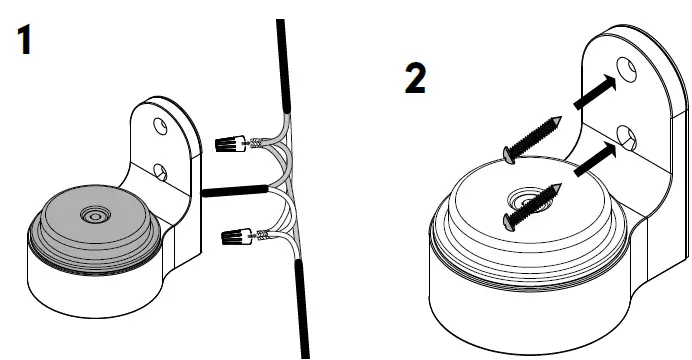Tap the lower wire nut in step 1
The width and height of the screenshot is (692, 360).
[233, 237]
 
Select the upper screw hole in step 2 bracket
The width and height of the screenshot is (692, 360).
[626, 69]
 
